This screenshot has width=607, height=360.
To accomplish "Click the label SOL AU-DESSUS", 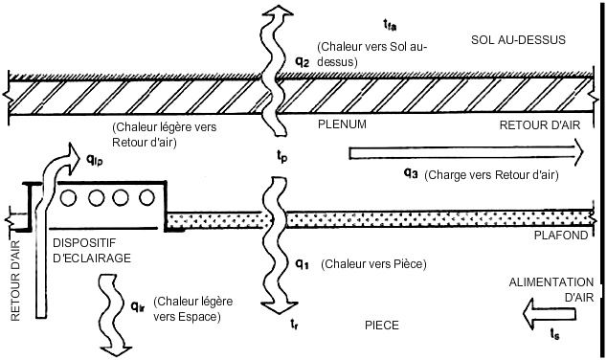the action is (x=518, y=40).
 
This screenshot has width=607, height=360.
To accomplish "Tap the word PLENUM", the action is (x=342, y=124).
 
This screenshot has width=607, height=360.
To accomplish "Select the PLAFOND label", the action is (x=561, y=235).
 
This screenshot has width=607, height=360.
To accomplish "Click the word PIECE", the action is (x=382, y=326).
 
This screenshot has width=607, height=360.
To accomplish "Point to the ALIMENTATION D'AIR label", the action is (x=551, y=289).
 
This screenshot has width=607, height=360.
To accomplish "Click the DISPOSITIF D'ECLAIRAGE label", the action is (x=92, y=251).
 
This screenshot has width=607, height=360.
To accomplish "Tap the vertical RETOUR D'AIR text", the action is (x=15, y=281).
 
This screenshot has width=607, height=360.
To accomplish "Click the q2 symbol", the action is (x=303, y=62).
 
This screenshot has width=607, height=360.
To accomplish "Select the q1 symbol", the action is (x=302, y=264).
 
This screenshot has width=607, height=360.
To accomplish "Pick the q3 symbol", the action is (x=411, y=173).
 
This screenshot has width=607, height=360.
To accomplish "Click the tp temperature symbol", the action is (x=281, y=156).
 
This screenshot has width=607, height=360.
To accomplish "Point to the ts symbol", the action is (x=554, y=333).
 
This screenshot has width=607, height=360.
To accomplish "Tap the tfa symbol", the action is (x=390, y=25).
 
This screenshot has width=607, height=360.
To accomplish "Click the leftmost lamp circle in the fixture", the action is (x=68, y=198).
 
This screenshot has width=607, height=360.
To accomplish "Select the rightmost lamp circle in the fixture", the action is (x=146, y=198).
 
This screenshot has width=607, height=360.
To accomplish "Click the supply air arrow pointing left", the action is (x=549, y=314).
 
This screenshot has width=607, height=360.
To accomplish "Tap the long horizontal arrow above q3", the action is (x=466, y=153).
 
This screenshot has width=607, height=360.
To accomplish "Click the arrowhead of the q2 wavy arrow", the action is (x=278, y=11).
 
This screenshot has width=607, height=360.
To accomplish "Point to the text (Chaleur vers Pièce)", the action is (x=373, y=264).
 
